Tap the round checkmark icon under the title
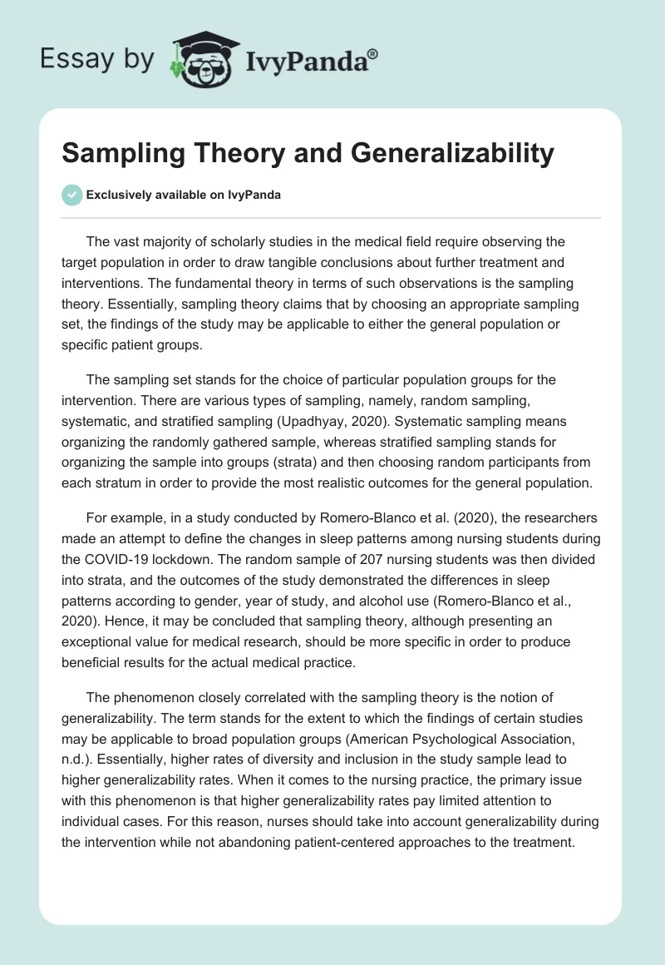click(x=71, y=195)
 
